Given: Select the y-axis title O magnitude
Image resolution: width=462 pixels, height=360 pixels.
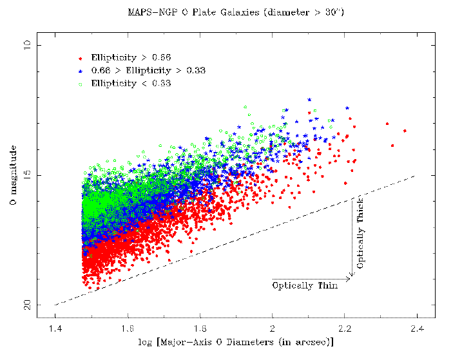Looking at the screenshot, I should [13, 175].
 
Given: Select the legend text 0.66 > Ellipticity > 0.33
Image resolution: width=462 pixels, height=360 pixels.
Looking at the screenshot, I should [148, 70].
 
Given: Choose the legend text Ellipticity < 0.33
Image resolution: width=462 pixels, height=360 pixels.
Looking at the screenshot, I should [131, 83].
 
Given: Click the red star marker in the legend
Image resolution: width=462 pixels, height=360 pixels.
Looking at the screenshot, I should [80, 58].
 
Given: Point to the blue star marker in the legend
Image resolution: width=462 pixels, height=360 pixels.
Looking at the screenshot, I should [80, 70].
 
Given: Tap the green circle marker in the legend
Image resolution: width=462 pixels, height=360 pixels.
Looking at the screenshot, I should [80, 83].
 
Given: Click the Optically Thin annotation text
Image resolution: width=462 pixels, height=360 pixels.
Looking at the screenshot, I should [305, 285].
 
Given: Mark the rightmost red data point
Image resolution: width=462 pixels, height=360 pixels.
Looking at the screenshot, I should [405, 131].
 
